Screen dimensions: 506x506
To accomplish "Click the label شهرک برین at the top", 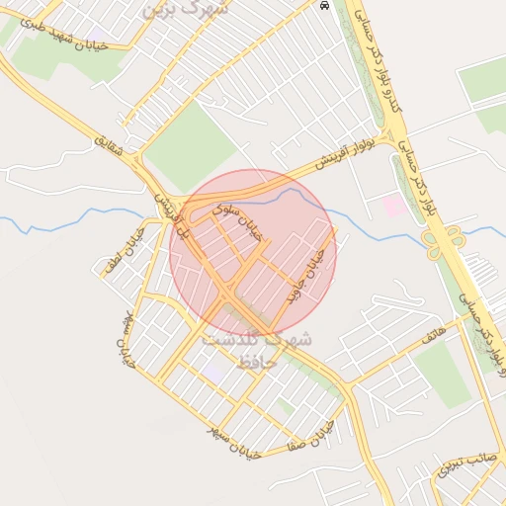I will click(x=185, y=9).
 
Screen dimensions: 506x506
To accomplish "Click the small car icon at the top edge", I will click(x=325, y=5).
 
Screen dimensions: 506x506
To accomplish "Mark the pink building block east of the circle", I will click(x=393, y=207).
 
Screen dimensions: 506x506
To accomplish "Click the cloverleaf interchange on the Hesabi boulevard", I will click(x=445, y=240).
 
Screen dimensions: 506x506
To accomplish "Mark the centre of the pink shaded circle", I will click(x=253, y=253).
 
